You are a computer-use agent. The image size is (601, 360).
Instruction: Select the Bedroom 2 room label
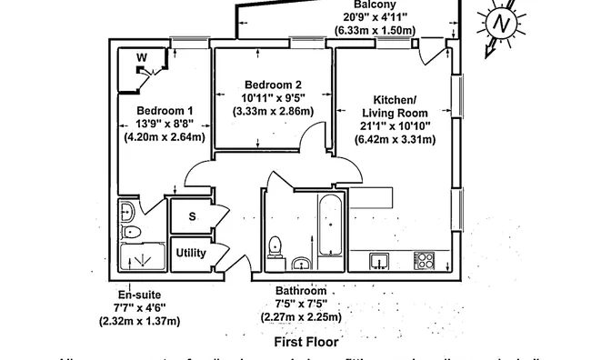tap(273, 85)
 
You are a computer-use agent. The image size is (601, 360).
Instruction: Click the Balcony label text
tap(375, 5)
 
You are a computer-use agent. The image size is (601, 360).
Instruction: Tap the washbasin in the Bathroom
tap(302, 264)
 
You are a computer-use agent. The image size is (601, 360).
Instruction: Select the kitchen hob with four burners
tap(424, 261)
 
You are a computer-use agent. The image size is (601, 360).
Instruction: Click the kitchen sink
tap(379, 261)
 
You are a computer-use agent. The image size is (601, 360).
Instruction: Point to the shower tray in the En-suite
tap(142, 260)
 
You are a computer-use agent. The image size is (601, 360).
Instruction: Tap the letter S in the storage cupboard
tap(192, 216)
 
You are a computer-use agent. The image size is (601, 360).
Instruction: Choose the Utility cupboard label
tap(191, 253)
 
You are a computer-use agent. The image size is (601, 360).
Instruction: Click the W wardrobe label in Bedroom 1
tap(141, 58)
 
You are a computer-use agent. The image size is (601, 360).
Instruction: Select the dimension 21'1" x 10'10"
tap(396, 125)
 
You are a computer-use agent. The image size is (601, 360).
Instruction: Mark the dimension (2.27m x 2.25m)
tap(301, 317)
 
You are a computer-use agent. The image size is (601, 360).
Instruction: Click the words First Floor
tap(306, 343)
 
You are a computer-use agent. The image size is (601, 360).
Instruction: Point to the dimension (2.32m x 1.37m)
tap(139, 321)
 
